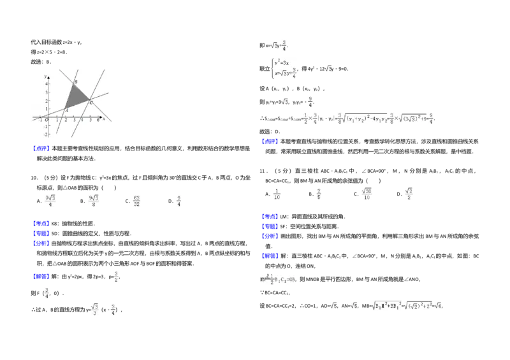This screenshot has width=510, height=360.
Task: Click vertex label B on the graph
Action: (76, 82)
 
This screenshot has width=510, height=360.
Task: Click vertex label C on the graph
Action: (91, 103)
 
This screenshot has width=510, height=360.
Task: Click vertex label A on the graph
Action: (67, 110)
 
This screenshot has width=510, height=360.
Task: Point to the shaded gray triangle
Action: (76, 97)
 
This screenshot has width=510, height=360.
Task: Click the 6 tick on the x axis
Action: (98, 120)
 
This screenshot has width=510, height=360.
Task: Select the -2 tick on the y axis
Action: (45, 134)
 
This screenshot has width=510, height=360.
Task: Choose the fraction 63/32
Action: (137, 201)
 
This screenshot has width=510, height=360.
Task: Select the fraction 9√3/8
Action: (94, 201)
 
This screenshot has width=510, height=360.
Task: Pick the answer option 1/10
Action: (277, 194)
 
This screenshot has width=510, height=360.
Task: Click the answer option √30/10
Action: (365, 194)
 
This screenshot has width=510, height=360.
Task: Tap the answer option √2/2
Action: (408, 194)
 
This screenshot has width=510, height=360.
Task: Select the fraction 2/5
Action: (319, 194)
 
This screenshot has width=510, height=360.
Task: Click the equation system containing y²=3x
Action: (285, 68)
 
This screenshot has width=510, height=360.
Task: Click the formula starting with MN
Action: (276, 278)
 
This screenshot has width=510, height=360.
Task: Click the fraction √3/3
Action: (94, 309)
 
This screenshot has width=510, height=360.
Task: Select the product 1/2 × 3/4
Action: (310, 119)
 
